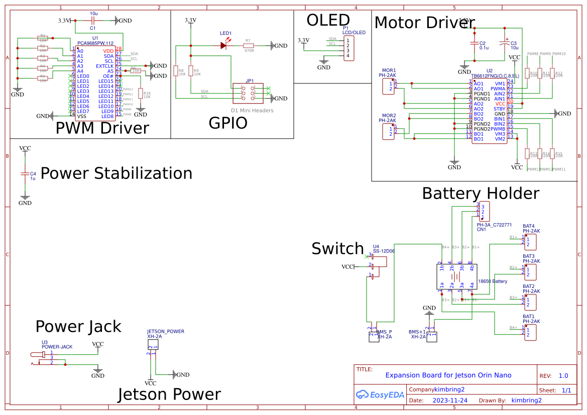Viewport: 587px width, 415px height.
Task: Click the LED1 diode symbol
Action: pyautogui.click(x=223, y=45)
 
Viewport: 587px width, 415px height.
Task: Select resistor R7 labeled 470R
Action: pyautogui.click(x=249, y=45)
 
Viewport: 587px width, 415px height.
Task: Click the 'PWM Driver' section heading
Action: pyautogui.click(x=102, y=128)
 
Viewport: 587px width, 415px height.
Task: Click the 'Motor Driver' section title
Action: pyautogui.click(x=424, y=23)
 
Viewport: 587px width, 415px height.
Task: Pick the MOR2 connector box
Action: pyautogui.click(x=388, y=132)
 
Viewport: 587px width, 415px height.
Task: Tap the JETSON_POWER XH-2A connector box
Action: pyautogui.click(x=153, y=345)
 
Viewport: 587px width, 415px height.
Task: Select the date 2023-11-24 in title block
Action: pyautogui.click(x=450, y=400)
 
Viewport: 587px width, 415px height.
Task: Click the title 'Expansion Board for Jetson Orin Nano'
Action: pyautogui.click(x=448, y=375)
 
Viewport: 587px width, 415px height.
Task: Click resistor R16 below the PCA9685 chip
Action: pyautogui.click(x=141, y=94)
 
